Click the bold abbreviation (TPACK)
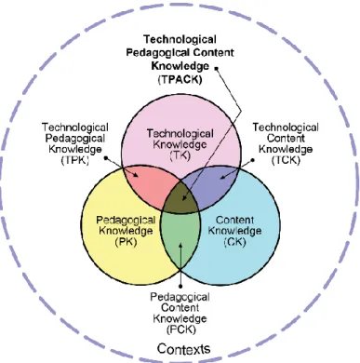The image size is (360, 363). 180,79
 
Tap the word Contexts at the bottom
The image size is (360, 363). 183,348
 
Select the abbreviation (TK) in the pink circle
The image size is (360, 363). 180,155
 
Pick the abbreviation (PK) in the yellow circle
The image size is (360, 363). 126,241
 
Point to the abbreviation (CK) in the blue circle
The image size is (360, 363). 234,241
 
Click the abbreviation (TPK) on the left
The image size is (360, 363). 75,160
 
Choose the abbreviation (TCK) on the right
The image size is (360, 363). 286,160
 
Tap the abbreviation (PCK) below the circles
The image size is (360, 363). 181,329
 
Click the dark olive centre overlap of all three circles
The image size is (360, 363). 180,199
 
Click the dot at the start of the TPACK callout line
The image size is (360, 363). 216,68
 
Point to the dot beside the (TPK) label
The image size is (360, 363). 106,158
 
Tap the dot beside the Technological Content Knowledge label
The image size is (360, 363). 252,160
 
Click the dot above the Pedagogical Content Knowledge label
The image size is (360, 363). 180,286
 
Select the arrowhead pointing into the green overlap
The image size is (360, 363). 180,244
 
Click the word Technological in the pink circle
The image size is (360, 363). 180,134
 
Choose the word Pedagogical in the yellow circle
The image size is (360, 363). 126,220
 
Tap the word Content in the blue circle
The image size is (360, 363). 234,220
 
